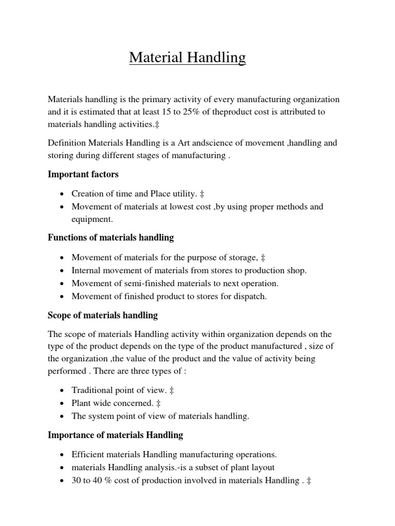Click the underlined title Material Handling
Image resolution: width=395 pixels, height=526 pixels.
pos(187,58)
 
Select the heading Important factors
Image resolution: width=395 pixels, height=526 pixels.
pos(83,174)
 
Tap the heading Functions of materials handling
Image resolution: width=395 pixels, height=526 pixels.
pos(111,237)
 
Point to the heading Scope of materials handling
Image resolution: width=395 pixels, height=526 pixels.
pos(102,315)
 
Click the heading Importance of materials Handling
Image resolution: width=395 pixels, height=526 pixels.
pos(115,435)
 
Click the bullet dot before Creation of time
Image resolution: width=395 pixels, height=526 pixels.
pos(62,194)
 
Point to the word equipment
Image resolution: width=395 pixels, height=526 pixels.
pos(91,219)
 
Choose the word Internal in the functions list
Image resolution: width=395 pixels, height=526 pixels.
pos(86,270)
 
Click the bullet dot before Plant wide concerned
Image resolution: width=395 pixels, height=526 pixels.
pos(62,404)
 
